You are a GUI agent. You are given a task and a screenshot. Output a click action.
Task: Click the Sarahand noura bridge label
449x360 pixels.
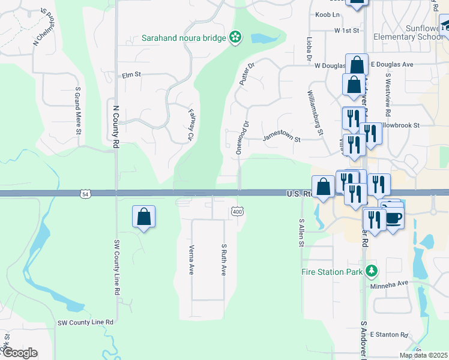[x=183, y=38]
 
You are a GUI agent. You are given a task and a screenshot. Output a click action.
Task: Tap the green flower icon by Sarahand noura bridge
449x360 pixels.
[x=235, y=38]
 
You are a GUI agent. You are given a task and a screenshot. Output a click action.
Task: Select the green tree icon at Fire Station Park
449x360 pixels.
[x=372, y=271]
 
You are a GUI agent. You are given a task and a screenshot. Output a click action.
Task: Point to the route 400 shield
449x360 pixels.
[x=237, y=211]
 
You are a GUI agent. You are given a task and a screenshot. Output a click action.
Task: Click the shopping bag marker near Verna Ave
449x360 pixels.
[x=144, y=216]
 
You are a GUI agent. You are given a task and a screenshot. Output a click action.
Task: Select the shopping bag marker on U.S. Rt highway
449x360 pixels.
[x=323, y=186]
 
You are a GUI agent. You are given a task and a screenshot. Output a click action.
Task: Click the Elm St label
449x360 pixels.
[x=131, y=75]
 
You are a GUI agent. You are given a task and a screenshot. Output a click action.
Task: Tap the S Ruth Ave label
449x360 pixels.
[x=223, y=259]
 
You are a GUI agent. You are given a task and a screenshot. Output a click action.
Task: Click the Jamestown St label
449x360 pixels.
[x=282, y=139]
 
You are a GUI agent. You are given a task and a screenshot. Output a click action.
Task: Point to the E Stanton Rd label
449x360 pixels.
[x=389, y=334]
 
